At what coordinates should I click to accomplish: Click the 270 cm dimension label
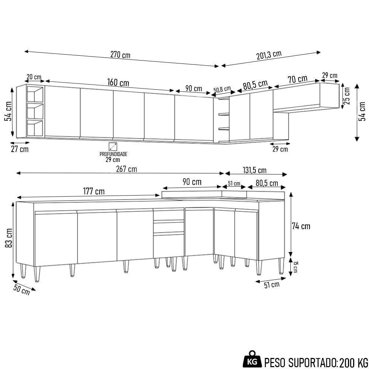pos(120,55)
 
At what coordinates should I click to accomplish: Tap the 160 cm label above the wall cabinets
pos(118,82)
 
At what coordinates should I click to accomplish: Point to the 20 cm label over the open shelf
pos(34,77)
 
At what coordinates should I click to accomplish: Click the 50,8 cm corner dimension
pos(222,90)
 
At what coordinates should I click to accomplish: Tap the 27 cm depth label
pos(19,149)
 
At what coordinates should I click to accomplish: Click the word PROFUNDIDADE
pos(113,154)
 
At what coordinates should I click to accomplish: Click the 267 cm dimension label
pos(126,169)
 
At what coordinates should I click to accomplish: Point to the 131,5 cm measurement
pos(255,170)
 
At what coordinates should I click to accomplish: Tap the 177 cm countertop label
pos(93,192)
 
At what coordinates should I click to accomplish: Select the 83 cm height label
pos(9,238)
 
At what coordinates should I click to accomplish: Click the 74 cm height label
pos(301,226)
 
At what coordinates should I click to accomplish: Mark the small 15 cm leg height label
pos(296,266)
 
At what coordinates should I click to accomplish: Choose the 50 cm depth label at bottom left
pos(21,290)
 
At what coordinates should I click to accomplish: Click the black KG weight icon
pos(253,359)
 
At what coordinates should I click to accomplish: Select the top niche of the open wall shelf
pos(35,94)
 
